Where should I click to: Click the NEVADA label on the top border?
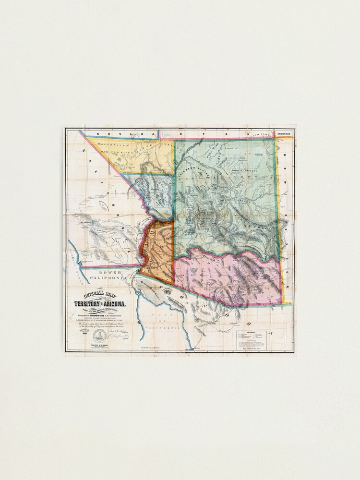pyautogui.click(x=110, y=134)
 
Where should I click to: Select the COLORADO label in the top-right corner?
pyautogui.click(x=283, y=134)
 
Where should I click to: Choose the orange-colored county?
pyautogui.click(x=157, y=250)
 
